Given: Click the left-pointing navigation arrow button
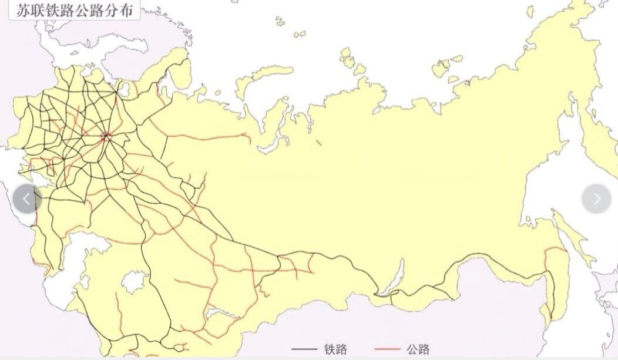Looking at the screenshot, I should [x=26, y=199].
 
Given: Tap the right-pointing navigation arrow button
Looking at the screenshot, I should [x=596, y=199].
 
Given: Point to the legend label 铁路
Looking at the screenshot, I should [x=335, y=349].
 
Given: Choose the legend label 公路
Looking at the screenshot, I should [x=418, y=349].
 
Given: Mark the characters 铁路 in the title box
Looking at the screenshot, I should [x=59, y=10].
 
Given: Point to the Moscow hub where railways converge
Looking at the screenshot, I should [x=106, y=137].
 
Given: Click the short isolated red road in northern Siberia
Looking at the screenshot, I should [x=318, y=142].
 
